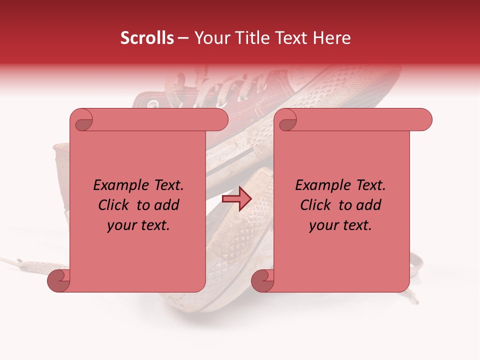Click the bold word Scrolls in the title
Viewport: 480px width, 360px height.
point(147,38)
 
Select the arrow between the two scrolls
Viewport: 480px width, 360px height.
point(236,199)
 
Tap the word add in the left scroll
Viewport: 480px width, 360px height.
point(166,205)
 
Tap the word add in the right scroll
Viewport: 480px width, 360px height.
point(368,205)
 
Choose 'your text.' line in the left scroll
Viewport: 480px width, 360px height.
point(138,225)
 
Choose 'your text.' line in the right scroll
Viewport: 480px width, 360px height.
point(340,225)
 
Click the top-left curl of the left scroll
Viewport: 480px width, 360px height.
point(82,120)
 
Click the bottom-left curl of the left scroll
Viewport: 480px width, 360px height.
point(58,280)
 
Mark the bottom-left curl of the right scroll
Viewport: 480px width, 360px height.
point(262,280)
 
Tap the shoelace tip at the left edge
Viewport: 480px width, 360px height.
point(18,261)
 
